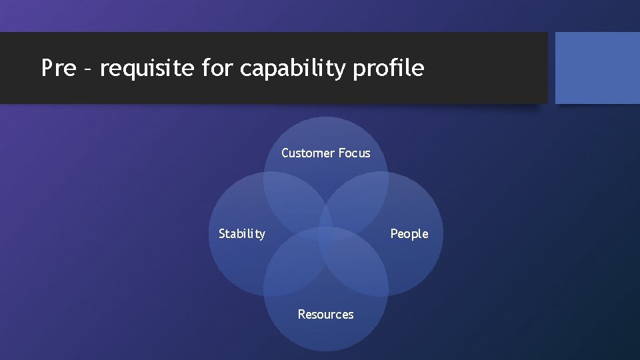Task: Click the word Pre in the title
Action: tap(58, 68)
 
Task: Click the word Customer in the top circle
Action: tap(307, 153)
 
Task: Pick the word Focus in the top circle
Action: tap(354, 153)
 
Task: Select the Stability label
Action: tap(242, 234)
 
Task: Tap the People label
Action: tap(409, 234)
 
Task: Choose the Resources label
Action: tap(325, 314)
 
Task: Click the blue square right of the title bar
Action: tap(597, 68)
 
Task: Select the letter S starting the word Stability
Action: tap(222, 234)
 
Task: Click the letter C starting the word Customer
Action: tap(285, 153)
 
